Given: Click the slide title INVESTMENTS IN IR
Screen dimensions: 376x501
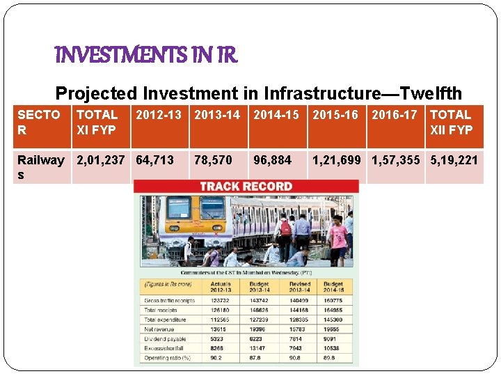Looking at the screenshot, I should tap(146, 55).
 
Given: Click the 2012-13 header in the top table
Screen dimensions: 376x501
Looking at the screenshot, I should tap(159, 115).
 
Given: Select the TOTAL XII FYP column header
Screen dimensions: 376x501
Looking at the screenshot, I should tap(452, 122).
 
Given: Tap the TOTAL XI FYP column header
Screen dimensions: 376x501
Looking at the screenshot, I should tap(97, 122).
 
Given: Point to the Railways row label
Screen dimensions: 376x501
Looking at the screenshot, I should tap(40, 167).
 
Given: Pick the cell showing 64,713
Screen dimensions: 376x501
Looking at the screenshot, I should tap(154, 160).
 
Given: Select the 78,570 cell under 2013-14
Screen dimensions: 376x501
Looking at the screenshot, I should tap(213, 160).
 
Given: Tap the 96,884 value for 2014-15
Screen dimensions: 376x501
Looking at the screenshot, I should tap(272, 160).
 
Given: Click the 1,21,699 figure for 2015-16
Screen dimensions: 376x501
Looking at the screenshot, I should tap(337, 160).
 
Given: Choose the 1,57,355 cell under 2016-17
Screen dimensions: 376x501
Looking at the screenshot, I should tap(396, 160).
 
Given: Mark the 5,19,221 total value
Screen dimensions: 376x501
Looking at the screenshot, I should tap(454, 160).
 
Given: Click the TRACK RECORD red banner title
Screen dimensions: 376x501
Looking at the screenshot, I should tap(246, 187).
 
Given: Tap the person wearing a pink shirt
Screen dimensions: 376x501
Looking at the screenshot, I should tap(338, 237).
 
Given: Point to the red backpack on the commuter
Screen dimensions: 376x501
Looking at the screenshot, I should tap(285, 228).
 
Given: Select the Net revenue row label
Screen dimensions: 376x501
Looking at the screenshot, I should tap(159, 329).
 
